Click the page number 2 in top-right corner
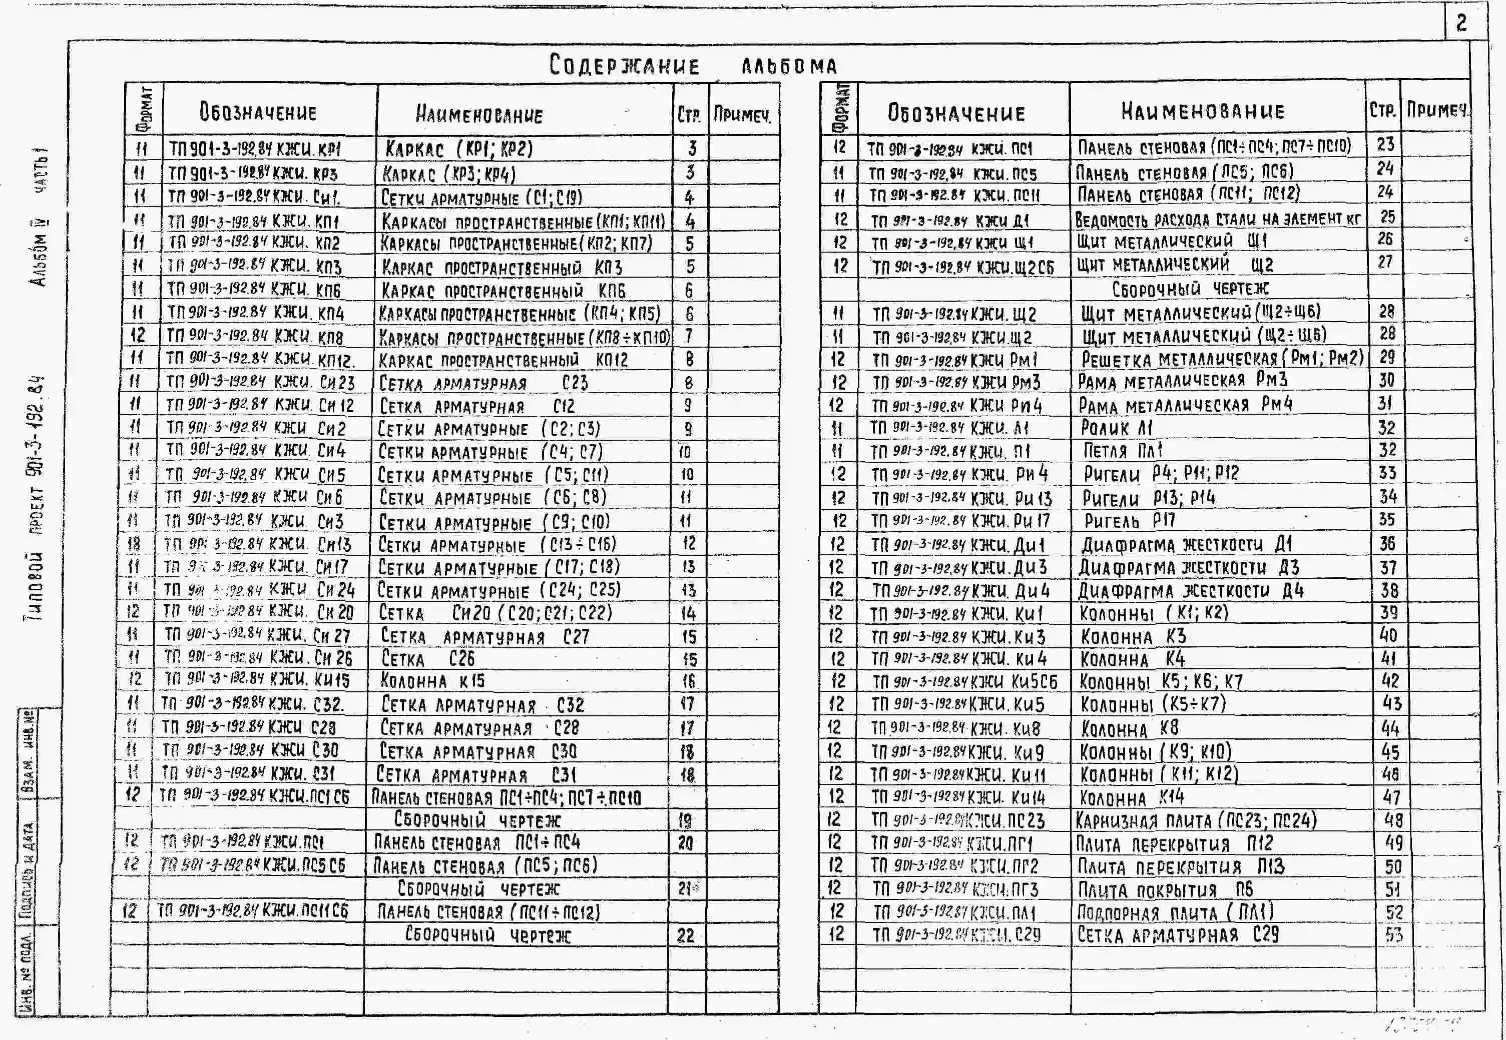coord(1461,24)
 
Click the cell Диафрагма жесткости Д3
coord(1189,568)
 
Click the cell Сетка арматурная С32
coord(482,705)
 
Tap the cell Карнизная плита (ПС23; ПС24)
coord(1195,820)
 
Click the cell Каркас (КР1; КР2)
coord(459,149)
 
